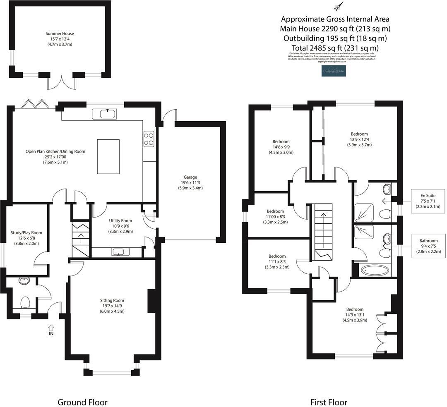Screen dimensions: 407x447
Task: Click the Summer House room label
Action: coord(60,39)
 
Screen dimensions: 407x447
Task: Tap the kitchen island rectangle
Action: coord(108,156)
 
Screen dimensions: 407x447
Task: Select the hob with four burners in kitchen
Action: coord(149,138)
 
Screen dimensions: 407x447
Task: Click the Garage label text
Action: coord(190,182)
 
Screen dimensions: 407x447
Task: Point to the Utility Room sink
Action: coord(120,252)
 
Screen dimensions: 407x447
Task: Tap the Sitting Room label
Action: coord(112,306)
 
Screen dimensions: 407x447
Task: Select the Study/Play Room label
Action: coord(26,238)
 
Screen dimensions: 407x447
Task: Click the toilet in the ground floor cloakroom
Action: coord(26,302)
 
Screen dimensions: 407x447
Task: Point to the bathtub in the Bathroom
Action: coord(375,271)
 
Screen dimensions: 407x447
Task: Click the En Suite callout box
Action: coord(428,201)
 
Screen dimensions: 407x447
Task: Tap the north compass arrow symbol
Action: coord(337,7)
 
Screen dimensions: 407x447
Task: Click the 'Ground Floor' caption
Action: coord(82,402)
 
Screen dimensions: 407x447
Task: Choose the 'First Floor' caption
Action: coord(329,402)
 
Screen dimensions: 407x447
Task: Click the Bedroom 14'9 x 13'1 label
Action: coord(355,314)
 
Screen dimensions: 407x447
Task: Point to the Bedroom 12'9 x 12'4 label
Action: coord(359,139)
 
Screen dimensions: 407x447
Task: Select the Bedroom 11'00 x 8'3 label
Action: coord(275,216)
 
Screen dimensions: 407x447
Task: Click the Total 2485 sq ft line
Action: coord(335,48)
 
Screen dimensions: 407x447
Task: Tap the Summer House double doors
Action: coord(62,82)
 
